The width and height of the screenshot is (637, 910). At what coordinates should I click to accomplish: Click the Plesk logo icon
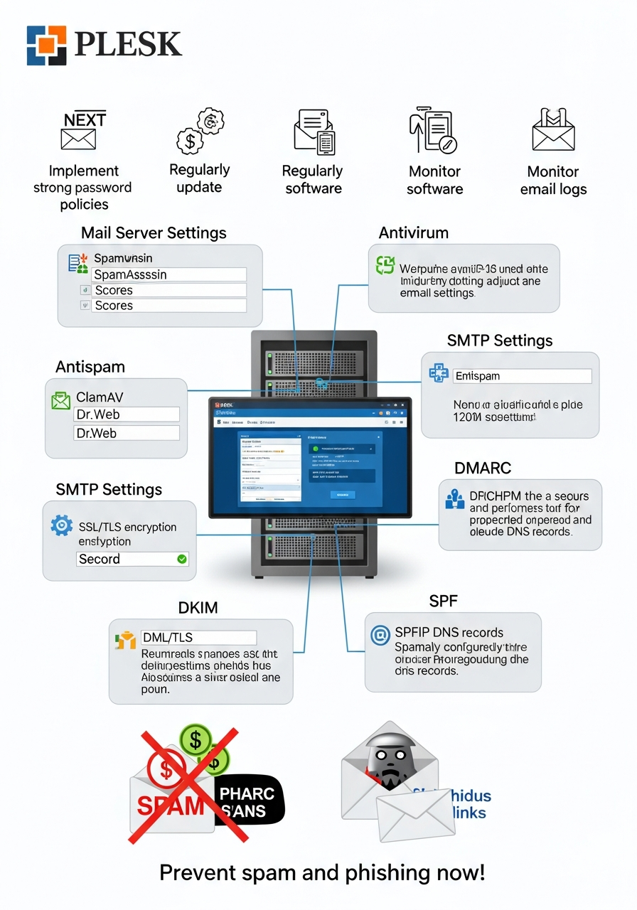[46, 45]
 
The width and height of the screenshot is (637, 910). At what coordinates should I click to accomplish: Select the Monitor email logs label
[553, 180]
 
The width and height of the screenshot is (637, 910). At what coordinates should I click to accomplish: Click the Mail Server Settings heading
[154, 232]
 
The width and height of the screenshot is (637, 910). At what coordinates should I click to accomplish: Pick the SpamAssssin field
[169, 274]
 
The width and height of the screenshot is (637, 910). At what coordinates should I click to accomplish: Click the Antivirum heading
[413, 232]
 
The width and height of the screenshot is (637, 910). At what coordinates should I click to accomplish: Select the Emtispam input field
[522, 376]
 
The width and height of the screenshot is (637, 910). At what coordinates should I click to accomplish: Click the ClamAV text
[100, 397]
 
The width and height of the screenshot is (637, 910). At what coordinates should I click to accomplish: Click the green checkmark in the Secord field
[182, 559]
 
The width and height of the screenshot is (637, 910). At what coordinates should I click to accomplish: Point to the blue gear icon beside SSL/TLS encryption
[62, 526]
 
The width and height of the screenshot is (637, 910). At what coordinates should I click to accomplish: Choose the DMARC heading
[483, 469]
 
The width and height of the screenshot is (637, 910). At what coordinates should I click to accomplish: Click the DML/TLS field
[198, 637]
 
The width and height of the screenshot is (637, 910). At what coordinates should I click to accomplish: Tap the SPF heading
[443, 601]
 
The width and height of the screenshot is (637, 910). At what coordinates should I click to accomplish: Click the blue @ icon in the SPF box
[381, 635]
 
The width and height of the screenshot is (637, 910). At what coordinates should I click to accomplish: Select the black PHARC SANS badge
[248, 803]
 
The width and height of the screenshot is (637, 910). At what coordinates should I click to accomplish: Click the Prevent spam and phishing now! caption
[322, 872]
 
